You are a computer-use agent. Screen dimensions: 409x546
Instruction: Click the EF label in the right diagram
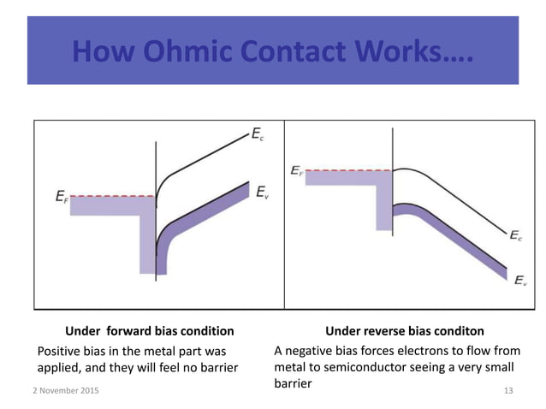(297, 169)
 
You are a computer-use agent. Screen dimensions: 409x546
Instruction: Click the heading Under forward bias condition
(150, 331)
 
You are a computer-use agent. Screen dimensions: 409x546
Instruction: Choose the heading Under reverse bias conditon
(405, 331)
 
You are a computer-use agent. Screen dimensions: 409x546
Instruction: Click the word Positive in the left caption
(62, 350)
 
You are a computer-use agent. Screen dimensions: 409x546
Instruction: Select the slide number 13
(508, 390)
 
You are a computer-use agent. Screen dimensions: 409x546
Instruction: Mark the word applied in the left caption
(62, 368)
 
